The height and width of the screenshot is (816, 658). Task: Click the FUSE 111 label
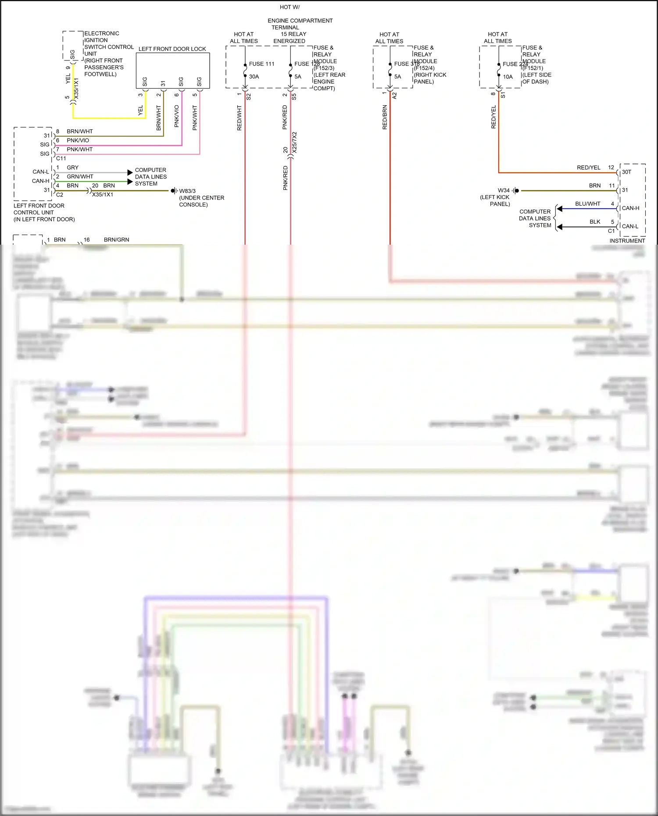click(x=261, y=64)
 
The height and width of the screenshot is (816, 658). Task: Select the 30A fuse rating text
click(x=254, y=77)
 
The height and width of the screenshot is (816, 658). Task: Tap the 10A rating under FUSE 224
click(x=508, y=77)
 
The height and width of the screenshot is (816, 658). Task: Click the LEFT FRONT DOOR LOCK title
click(x=172, y=49)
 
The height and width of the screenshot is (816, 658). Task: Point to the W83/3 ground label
click(x=187, y=191)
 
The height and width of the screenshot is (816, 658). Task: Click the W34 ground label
click(x=504, y=190)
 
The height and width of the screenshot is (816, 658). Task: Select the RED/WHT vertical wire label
click(x=240, y=118)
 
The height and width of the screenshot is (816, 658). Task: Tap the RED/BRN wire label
click(x=385, y=117)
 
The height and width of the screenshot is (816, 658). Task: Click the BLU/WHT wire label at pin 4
click(x=587, y=204)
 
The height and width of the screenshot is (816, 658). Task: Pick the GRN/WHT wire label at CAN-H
click(x=80, y=177)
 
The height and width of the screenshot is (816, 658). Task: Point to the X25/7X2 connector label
click(x=294, y=142)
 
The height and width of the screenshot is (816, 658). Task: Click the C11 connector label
click(x=61, y=158)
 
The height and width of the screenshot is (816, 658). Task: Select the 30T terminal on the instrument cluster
click(x=626, y=172)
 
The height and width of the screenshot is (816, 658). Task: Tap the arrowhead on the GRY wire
click(x=130, y=172)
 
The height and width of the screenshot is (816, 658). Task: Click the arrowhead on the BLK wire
click(x=559, y=227)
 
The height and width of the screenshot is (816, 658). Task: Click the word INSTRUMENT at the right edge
click(x=627, y=241)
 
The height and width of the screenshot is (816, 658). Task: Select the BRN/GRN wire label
click(x=116, y=240)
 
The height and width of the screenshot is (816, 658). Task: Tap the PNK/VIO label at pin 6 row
click(x=78, y=140)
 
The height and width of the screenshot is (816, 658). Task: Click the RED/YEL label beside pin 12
click(x=588, y=167)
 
